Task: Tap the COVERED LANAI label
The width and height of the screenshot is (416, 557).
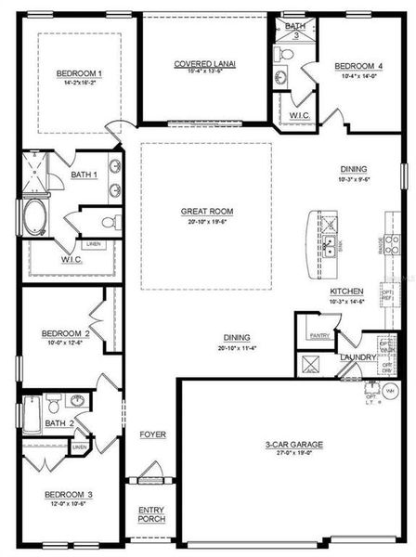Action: click(205, 64)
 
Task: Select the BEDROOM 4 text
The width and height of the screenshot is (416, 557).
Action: click(357, 66)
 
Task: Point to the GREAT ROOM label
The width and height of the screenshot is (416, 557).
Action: click(206, 212)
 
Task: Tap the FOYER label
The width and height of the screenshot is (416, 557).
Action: click(152, 434)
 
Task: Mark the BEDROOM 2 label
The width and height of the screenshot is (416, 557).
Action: click(65, 332)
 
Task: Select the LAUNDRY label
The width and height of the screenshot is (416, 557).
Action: click(357, 356)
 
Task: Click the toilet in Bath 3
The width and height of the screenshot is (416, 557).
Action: click(285, 56)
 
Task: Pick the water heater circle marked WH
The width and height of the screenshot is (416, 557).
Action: click(390, 392)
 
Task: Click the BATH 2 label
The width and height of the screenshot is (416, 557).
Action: click(58, 423)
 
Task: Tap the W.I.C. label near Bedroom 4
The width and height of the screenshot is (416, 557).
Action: click(299, 115)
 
